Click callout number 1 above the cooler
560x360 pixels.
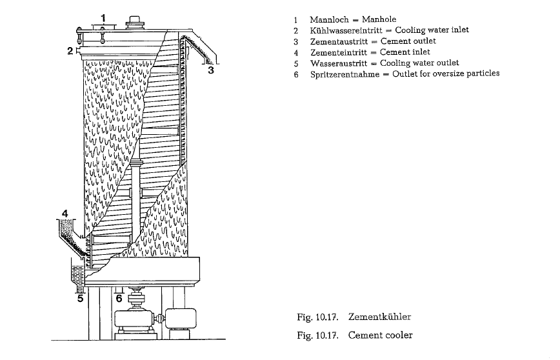(x=103, y=18)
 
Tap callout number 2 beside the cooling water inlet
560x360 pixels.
(x=70, y=51)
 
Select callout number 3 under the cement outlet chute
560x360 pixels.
(x=211, y=70)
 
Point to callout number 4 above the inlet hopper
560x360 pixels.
(x=65, y=214)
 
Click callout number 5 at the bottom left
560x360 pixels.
(x=81, y=298)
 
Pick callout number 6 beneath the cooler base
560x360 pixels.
(x=119, y=298)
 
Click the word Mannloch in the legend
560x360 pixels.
(x=329, y=19)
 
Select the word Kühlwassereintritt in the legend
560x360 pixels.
(x=346, y=31)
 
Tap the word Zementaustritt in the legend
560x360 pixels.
(x=339, y=42)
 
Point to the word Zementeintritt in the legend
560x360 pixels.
(x=338, y=53)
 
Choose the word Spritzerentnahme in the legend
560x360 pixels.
(x=345, y=75)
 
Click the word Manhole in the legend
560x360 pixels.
(x=379, y=19)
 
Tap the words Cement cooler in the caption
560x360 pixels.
(x=381, y=335)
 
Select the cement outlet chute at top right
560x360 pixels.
(x=201, y=49)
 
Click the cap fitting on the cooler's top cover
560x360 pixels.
(x=135, y=22)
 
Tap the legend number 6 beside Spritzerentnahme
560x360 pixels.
(x=296, y=75)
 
